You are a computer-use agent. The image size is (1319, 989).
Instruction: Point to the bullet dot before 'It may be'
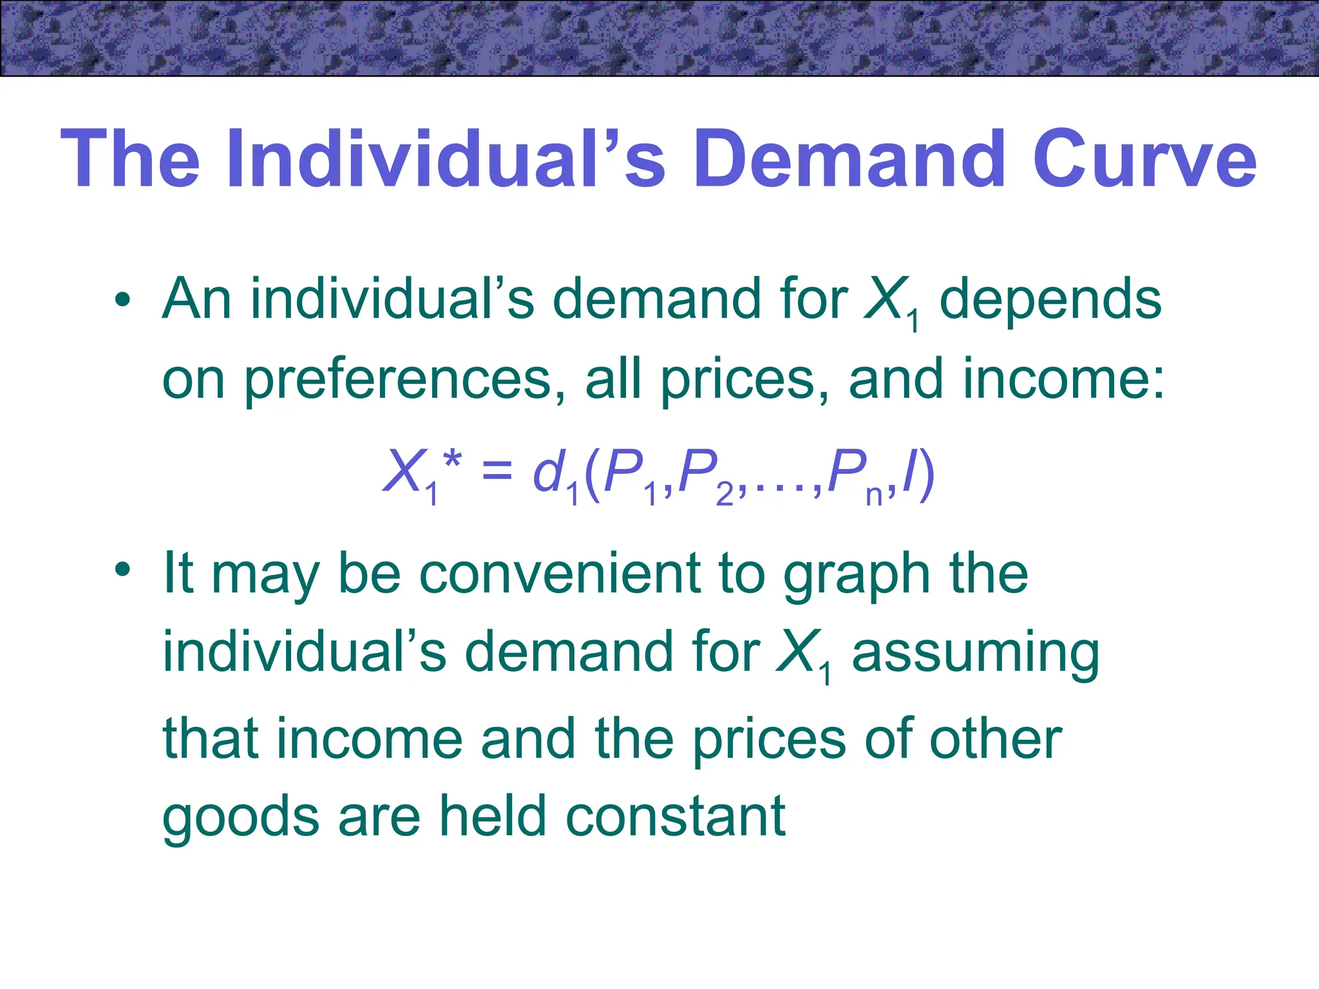122,570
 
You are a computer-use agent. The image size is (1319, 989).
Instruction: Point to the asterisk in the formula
452,460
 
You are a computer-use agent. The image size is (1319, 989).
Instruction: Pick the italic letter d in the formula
548,471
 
